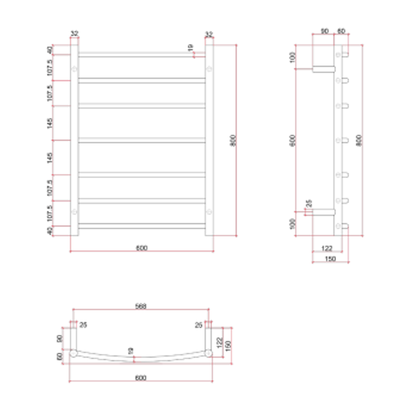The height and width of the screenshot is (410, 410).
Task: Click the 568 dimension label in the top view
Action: [140, 306]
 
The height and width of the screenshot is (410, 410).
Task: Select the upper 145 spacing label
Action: [50, 123]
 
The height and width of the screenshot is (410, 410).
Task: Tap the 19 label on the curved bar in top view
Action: [131, 351]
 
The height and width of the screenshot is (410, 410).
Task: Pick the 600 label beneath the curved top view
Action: [140, 378]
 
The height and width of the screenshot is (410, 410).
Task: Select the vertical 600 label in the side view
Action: [292, 140]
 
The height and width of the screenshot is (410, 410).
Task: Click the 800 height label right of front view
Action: [233, 140]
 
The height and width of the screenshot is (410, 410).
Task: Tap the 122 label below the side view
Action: [326, 249]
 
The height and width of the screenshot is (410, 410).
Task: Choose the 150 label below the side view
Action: [330, 259]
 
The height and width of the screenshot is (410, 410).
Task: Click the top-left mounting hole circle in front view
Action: [74, 69]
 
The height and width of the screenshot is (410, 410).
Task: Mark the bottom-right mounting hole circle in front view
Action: [208, 211]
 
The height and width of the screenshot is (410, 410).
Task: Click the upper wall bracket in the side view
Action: [323, 69]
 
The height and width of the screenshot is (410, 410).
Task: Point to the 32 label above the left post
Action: [74, 34]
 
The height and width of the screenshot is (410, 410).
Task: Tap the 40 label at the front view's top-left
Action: [50, 50]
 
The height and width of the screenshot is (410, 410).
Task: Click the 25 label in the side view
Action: [309, 203]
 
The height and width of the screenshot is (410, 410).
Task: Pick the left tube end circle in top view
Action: [73, 354]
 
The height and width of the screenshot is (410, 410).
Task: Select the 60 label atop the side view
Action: [341, 31]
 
